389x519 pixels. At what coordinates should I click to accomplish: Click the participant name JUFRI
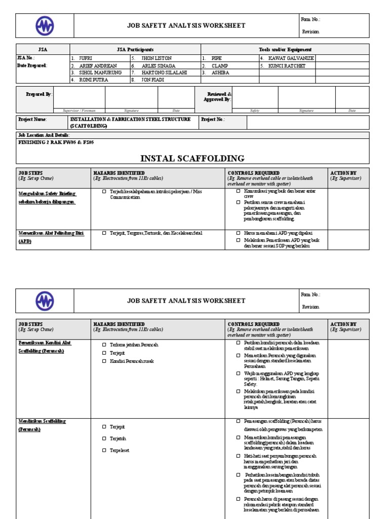pyautogui.click(x=85, y=58)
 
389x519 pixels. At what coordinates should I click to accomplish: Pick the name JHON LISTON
pyautogui.click(x=154, y=58)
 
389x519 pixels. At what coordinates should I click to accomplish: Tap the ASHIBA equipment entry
pyautogui.click(x=220, y=72)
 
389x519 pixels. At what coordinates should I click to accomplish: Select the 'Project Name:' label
pyautogui.click(x=32, y=120)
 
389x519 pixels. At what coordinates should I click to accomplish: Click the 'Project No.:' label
pyautogui.click(x=213, y=120)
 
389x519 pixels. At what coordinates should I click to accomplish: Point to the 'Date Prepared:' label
pyautogui.click(x=32, y=65)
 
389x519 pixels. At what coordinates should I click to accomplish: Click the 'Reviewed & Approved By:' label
pyautogui.click(x=217, y=97)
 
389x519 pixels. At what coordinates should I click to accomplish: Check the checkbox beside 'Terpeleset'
pyautogui.click(x=104, y=450)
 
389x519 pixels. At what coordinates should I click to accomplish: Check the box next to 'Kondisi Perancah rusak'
pyautogui.click(x=104, y=361)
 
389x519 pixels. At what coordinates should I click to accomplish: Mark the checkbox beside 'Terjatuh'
pyautogui.click(x=104, y=438)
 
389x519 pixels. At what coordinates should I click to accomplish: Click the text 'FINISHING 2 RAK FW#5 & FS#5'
pyautogui.click(x=56, y=142)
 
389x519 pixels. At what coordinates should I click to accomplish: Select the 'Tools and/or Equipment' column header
pyautogui.click(x=285, y=50)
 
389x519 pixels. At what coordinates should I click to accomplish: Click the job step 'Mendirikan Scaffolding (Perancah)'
pyautogui.click(x=43, y=425)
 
